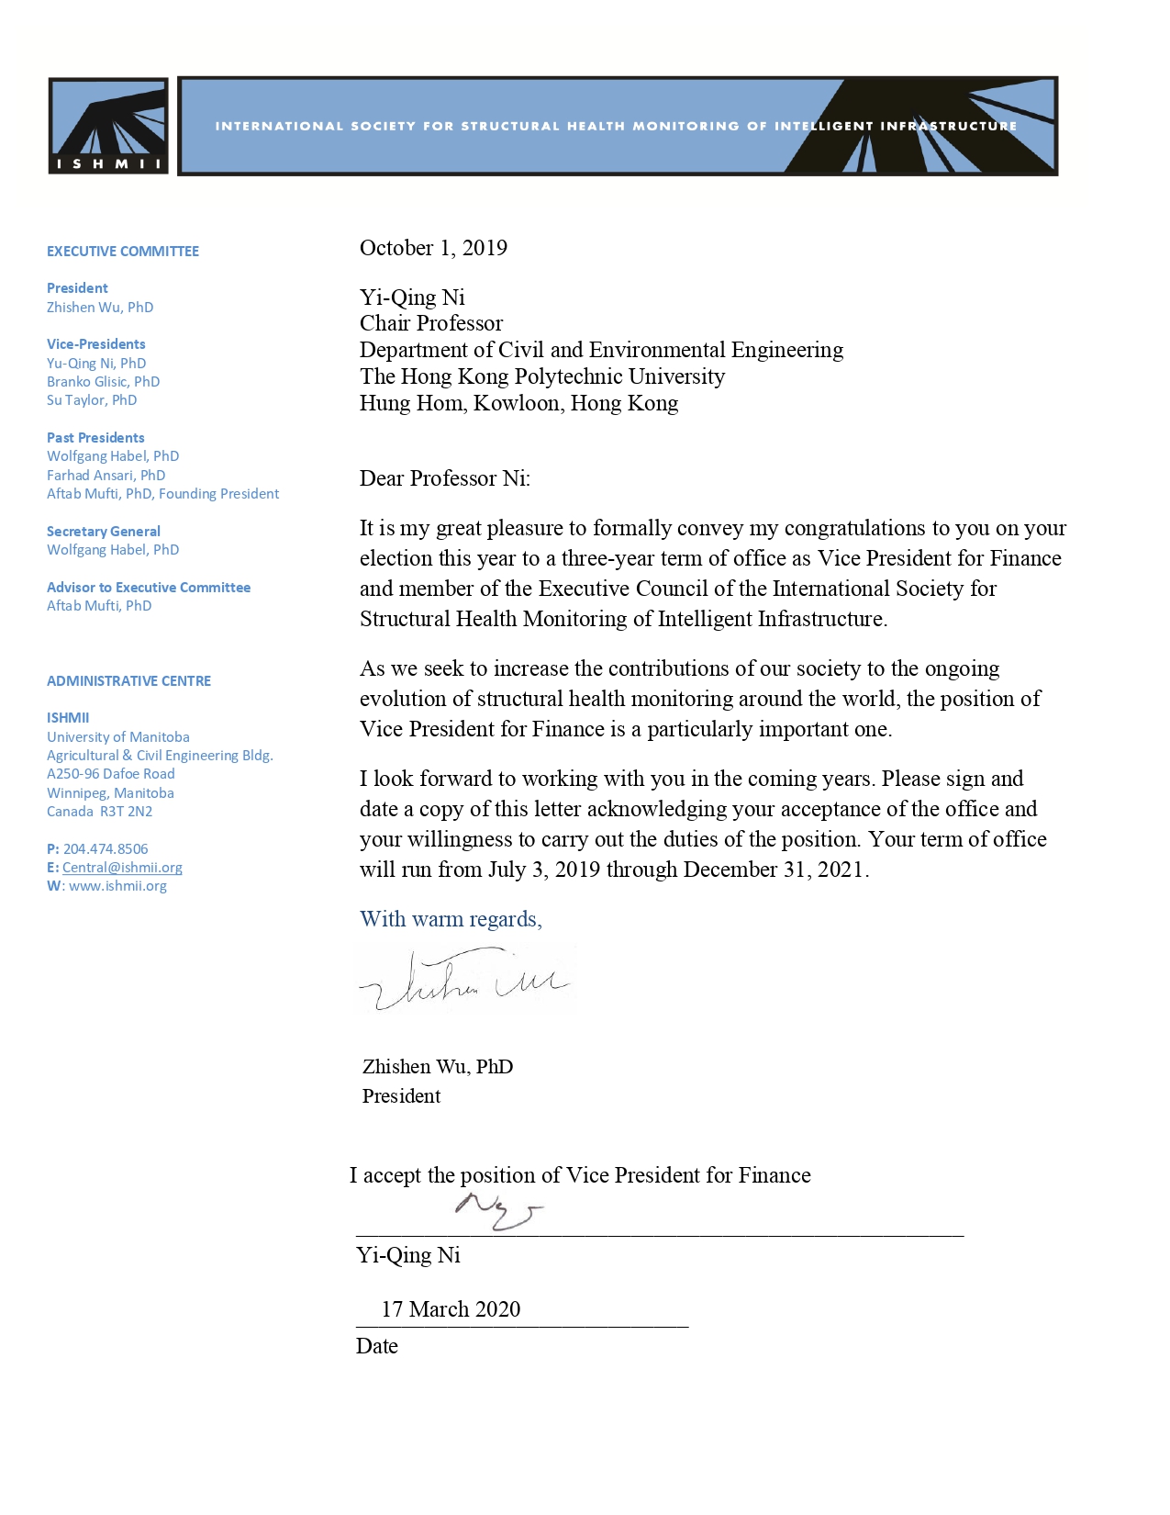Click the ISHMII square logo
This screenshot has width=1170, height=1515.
[108, 126]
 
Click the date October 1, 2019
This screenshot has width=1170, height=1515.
[433, 248]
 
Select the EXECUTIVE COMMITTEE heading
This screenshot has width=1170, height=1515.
[123, 252]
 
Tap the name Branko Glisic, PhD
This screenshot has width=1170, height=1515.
[103, 382]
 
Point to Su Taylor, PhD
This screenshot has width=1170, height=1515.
[92, 400]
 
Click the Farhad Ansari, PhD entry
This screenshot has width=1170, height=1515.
[106, 476]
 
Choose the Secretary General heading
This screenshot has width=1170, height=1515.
[104, 532]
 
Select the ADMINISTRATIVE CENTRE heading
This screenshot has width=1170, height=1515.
[128, 681]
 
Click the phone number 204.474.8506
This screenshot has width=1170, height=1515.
[106, 849]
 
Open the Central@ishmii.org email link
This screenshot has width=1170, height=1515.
[122, 868]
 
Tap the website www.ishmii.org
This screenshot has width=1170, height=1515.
[117, 886]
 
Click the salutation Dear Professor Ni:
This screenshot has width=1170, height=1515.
[445, 478]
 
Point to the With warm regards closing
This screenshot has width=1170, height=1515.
[451, 919]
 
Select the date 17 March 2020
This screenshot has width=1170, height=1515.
[451, 1309]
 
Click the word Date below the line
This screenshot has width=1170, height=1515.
[377, 1346]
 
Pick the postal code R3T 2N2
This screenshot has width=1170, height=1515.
[127, 812]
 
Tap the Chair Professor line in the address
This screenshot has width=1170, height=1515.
[431, 323]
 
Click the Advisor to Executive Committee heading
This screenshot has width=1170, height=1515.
[149, 588]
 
